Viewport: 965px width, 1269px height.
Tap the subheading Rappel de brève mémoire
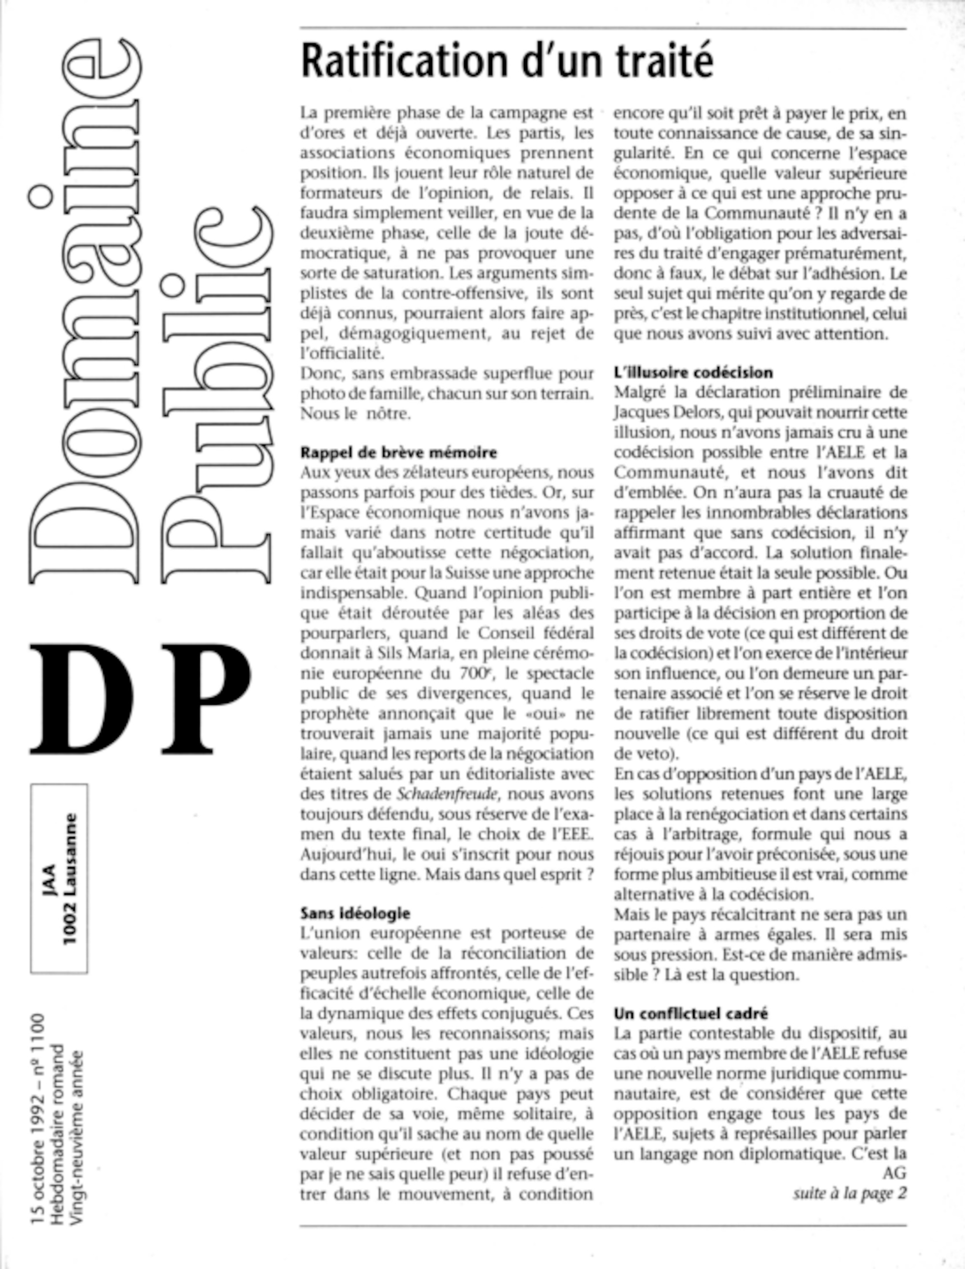tap(399, 452)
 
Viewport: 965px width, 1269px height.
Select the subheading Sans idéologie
tap(355, 913)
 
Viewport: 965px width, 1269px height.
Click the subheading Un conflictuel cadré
tap(690, 1013)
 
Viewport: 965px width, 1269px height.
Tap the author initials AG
tap(895, 1172)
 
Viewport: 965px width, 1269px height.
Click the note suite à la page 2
tap(850, 1193)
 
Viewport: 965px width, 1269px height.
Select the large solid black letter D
tap(82, 699)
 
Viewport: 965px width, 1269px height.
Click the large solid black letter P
tap(205, 699)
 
